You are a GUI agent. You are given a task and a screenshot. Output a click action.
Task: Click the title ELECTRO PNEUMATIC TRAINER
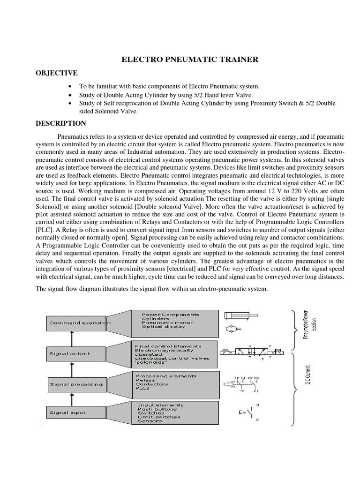[190, 60]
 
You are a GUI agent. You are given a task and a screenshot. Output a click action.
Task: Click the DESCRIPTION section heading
[61, 124]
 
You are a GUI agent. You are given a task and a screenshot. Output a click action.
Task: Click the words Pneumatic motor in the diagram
[163, 322]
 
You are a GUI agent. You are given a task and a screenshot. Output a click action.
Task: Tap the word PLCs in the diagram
[142, 389]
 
